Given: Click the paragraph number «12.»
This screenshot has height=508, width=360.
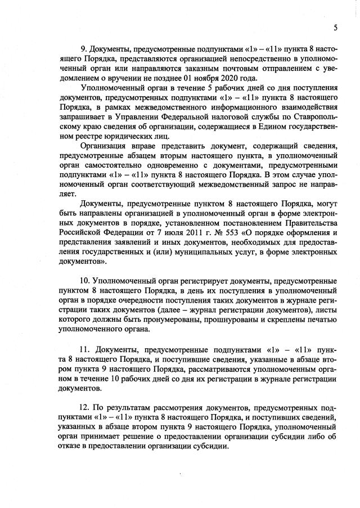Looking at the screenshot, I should tap(86, 407).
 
